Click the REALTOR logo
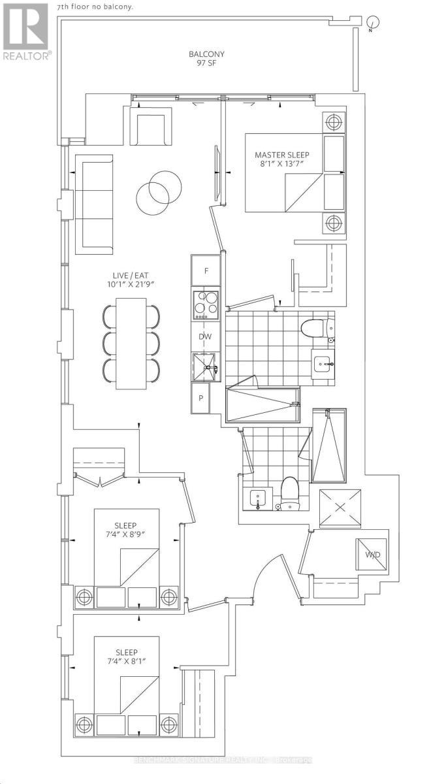click(25, 31)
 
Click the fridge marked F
click(206, 270)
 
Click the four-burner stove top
click(206, 304)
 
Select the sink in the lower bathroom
click(258, 498)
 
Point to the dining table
click(132, 344)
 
